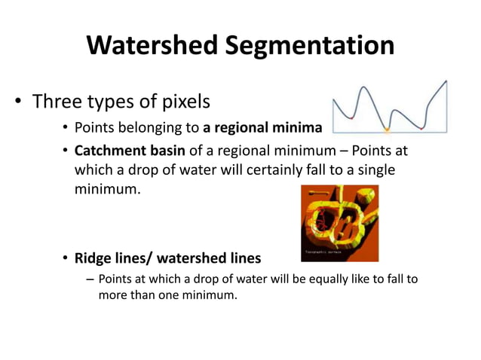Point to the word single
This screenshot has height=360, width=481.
(x=374, y=170)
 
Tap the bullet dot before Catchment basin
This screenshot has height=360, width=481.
(x=65, y=152)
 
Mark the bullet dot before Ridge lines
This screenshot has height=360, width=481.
(x=65, y=258)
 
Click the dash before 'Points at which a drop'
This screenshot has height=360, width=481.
(x=90, y=279)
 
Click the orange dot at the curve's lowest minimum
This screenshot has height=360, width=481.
(x=386, y=128)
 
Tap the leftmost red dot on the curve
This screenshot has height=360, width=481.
(x=352, y=117)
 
